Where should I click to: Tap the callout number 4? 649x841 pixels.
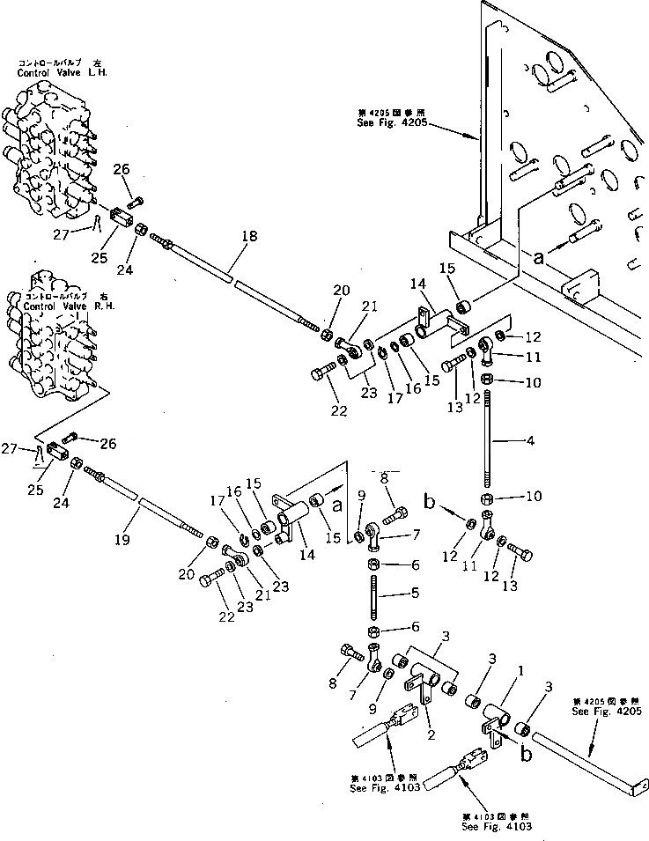point(529,439)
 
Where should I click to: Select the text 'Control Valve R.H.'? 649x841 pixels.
point(60,306)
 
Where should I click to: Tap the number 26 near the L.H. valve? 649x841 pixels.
point(121,169)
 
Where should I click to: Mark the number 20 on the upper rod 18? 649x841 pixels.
point(342,289)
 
